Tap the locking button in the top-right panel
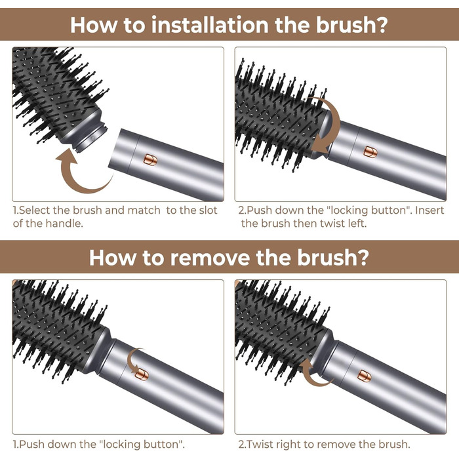point(370,152)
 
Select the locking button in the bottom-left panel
point(141,374)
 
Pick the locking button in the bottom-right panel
point(365,376)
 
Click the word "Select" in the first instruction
point(35,210)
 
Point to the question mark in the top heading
point(380,24)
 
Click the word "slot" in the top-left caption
point(207,210)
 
